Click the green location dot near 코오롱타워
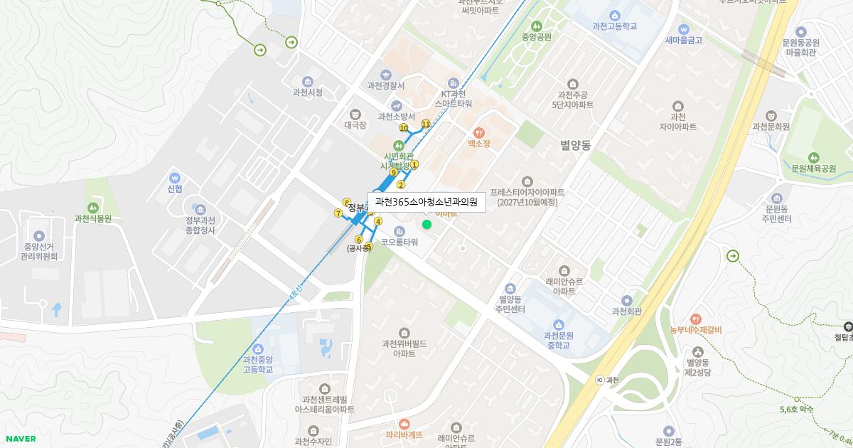click(426, 225)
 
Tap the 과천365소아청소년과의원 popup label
click(426, 202)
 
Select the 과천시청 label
click(307, 92)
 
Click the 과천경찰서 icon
click(386, 75)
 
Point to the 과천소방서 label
click(396, 117)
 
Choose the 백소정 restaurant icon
click(479, 132)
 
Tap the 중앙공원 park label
click(536, 37)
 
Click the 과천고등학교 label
click(614, 26)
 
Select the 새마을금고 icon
click(684, 29)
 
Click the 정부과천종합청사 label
click(200, 225)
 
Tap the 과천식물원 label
click(93, 218)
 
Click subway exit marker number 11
click(426, 124)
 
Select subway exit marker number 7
click(338, 213)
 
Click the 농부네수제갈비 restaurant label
click(695, 330)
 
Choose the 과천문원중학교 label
click(558, 341)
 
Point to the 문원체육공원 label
click(813, 169)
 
